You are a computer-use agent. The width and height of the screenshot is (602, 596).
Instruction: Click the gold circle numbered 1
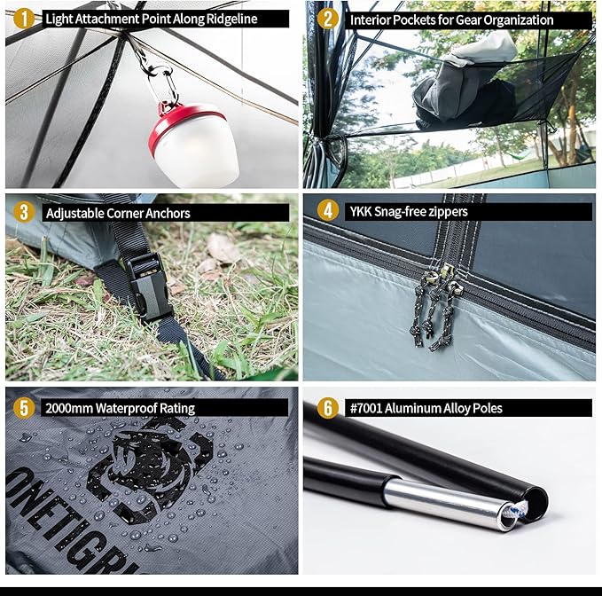23,19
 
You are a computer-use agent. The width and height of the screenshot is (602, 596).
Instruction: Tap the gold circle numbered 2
327,19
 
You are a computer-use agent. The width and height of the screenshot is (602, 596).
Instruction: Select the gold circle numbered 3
23,212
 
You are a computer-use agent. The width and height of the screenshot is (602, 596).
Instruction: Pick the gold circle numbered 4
327,211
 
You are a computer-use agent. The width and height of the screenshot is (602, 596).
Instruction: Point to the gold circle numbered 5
23,407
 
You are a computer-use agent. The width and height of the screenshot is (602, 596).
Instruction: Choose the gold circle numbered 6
327,407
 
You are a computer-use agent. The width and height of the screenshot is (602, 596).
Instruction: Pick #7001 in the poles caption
366,408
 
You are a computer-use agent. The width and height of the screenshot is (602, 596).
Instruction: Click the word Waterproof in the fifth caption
126,408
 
